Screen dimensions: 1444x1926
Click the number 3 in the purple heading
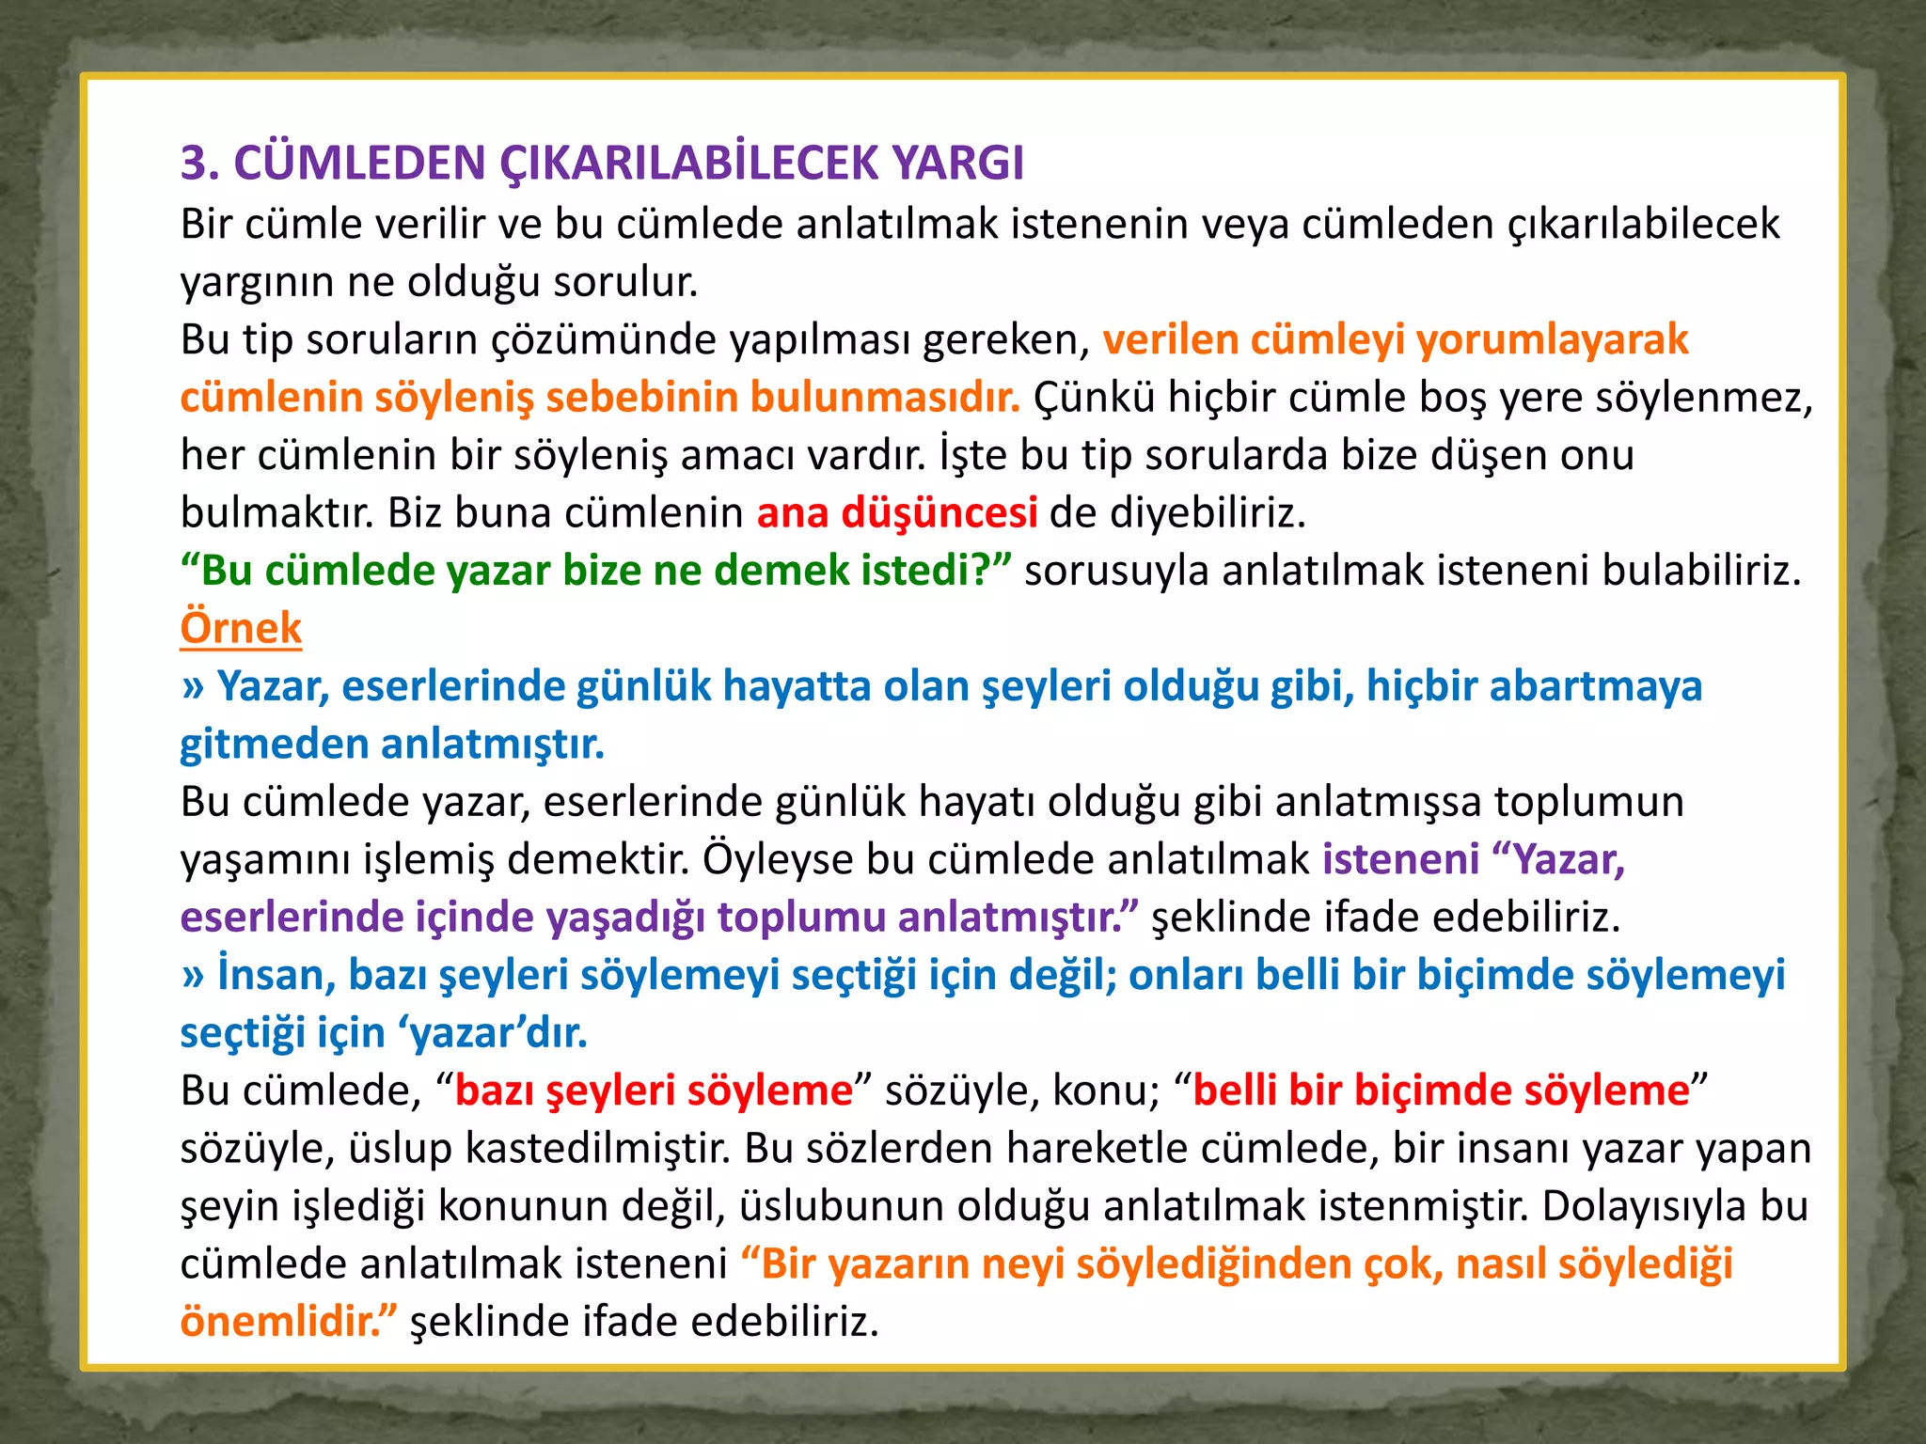click(193, 164)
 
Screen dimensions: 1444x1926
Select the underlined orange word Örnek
click(241, 628)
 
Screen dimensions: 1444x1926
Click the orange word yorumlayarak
click(1553, 339)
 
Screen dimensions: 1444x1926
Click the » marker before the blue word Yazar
click(193, 687)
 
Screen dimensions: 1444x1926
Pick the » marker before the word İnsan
click(193, 976)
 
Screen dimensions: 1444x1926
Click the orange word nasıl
click(1500, 1264)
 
